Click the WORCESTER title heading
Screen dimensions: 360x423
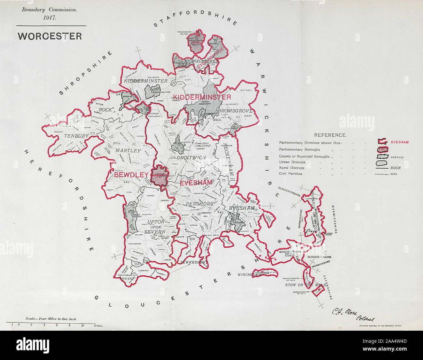coord(50,36)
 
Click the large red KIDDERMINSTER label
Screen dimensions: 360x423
coord(202,97)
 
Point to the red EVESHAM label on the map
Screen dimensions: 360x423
coord(196,183)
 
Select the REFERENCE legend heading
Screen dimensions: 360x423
coord(330,135)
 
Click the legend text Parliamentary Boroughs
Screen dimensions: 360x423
coord(299,150)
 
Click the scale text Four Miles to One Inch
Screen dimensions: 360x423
coord(51,319)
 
